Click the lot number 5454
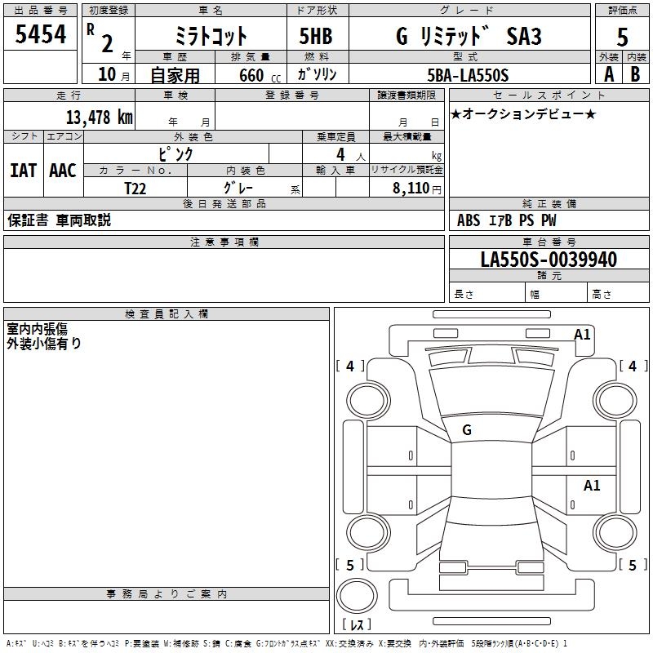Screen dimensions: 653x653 pos(40,34)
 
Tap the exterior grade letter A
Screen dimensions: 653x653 pos(608,73)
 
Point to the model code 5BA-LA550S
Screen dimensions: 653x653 pos(468,75)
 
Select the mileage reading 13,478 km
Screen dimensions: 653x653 pos(100,117)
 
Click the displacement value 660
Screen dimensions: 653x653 pos(251,75)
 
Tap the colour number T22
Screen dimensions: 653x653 pos(136,188)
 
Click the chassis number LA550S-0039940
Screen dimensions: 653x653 pos(549,260)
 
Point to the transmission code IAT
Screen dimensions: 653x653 pos(23,170)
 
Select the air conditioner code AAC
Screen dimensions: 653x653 pos(63,170)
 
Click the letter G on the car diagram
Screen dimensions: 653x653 pos(466,429)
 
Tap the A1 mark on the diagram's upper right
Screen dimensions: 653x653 pos(582,334)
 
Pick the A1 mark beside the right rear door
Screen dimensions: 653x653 pos(592,486)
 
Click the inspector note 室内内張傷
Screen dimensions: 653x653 pos(37,329)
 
